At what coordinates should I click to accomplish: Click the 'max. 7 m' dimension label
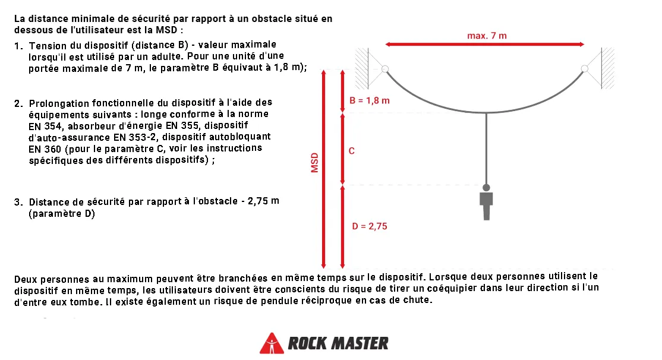click(x=487, y=36)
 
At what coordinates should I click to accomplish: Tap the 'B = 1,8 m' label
click(x=370, y=101)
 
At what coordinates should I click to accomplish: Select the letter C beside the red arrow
click(x=352, y=151)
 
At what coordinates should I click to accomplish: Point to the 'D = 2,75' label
click(x=370, y=226)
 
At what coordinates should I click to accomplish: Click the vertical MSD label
click(x=314, y=163)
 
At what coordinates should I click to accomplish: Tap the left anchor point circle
click(x=385, y=69)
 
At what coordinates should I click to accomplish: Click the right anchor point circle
click(x=584, y=68)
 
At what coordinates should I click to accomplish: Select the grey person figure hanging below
click(x=486, y=202)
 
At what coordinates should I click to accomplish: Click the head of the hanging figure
click(x=486, y=187)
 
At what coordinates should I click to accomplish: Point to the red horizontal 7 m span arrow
click(x=485, y=45)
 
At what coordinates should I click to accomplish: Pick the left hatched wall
click(x=362, y=68)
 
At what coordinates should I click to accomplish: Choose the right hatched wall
click(x=607, y=68)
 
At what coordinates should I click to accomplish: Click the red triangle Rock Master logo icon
click(x=272, y=343)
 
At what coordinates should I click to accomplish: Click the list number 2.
click(x=18, y=104)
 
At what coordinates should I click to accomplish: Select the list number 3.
click(x=18, y=202)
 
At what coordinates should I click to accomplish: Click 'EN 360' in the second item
click(x=45, y=149)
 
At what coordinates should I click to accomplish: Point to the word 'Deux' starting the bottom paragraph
click(x=26, y=279)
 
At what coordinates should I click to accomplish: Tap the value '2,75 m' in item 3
click(x=263, y=201)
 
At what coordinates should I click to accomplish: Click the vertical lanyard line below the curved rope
click(x=486, y=149)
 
